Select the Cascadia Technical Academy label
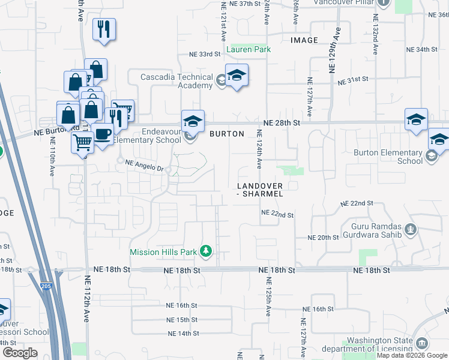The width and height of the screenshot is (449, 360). coord(176,81)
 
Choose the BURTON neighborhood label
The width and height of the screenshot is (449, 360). coord(226,134)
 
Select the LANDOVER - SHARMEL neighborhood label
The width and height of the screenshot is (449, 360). coord(259,190)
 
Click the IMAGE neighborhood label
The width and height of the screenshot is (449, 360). coord(304,40)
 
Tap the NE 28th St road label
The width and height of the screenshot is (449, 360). coord(280,122)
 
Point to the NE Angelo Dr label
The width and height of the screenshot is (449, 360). coord(144,169)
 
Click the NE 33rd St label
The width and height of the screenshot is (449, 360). coord(205,54)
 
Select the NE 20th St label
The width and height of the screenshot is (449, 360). coord(324,238)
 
